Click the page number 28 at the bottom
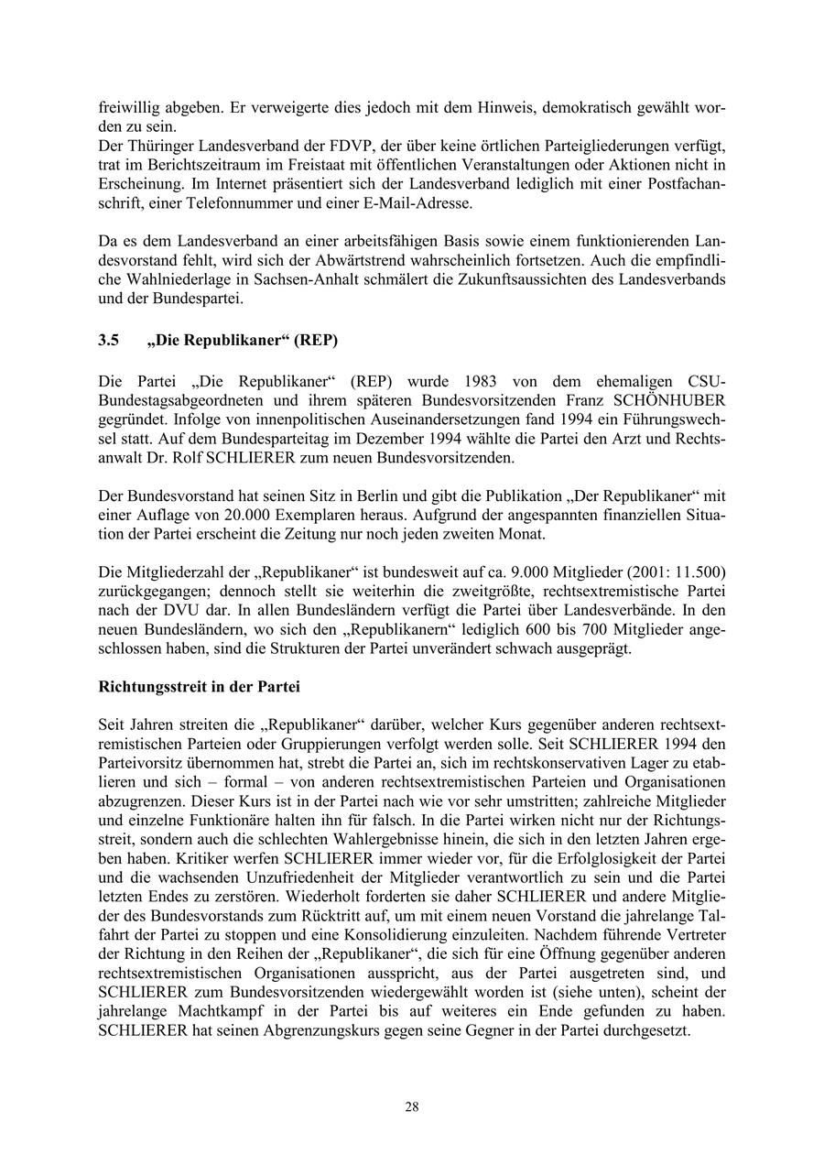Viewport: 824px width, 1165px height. [412, 1106]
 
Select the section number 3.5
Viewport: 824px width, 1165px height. [109, 341]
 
